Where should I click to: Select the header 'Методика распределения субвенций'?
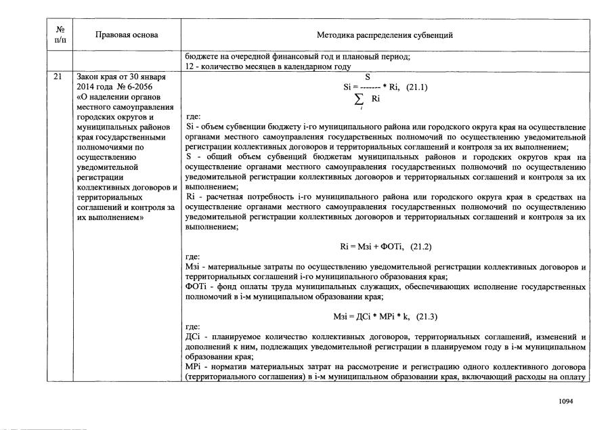[385, 35]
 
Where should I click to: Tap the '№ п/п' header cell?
[60, 35]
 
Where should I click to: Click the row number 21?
[58, 77]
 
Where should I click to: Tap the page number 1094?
[566, 401]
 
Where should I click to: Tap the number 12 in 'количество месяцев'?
[190, 66]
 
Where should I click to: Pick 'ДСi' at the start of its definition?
[192, 337]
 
